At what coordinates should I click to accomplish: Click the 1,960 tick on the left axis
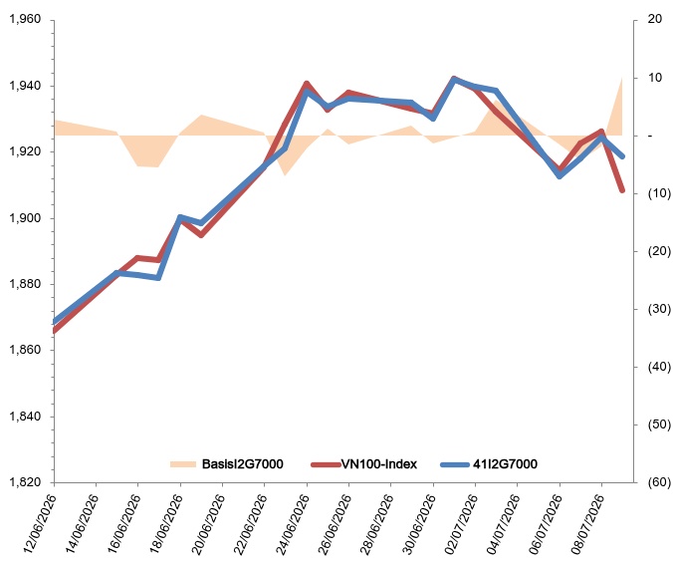25,19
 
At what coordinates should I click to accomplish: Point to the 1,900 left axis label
25,218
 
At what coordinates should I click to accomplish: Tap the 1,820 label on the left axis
25,482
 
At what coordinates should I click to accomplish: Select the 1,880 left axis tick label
25,284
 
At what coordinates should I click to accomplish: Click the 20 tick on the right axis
655,19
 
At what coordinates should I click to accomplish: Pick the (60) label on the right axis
659,482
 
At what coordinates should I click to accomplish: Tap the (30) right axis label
659,309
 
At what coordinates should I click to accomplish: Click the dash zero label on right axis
650,136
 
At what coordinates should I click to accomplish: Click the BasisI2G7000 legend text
243,464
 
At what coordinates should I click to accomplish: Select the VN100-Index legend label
379,464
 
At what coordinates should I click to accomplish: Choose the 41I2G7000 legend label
505,464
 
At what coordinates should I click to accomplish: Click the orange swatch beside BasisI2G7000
183,464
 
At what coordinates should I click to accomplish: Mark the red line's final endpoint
622,190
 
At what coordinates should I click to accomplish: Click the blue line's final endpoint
622,156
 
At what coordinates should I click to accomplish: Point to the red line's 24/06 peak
307,83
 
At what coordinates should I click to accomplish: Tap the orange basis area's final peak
622,78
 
